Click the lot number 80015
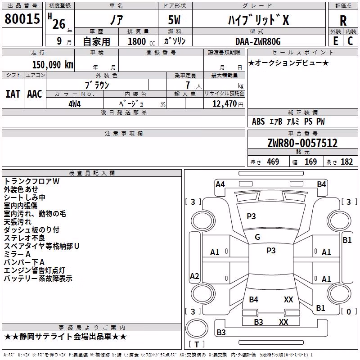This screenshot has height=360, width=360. (22, 18)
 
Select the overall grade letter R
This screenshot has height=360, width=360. (343, 21)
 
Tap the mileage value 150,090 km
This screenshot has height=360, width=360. (53, 65)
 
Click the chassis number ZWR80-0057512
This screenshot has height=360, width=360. (302, 143)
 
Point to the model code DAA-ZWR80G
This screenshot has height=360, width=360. (258, 41)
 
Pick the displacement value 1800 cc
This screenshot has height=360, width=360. (141, 41)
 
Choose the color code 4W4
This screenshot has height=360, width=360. (75, 104)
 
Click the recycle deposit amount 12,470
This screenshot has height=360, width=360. (225, 104)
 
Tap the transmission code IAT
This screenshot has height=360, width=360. (13, 94)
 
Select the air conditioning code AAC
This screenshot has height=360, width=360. (35, 94)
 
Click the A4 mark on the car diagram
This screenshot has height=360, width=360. (220, 184)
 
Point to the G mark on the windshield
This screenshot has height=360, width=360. (257, 237)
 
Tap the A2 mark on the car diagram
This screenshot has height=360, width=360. (194, 276)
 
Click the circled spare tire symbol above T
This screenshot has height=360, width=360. (197, 328)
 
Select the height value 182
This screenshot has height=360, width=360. (346, 162)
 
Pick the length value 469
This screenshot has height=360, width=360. (273, 162)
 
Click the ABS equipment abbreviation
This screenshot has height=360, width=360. (258, 121)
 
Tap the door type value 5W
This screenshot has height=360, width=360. (174, 20)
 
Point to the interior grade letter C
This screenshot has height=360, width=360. (350, 41)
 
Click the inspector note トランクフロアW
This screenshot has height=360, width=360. (31, 181)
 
